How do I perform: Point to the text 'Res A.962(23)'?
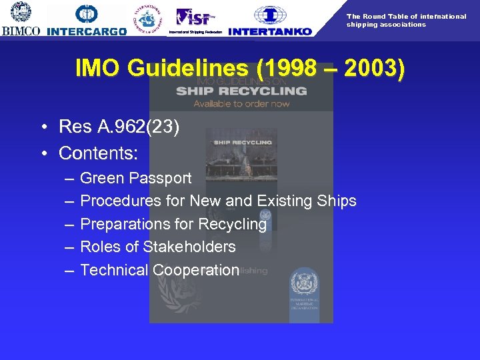pos(119,127)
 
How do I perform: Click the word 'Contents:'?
pos(99,153)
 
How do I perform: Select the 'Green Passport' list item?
pos(135,178)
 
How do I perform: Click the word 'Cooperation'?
pos(195,270)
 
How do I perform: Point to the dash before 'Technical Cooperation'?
pos(70,270)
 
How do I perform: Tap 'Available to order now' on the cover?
pos(241,103)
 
